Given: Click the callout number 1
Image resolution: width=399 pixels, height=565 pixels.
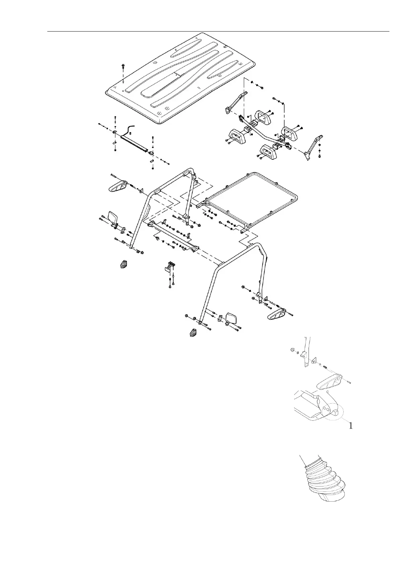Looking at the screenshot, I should coord(350,426).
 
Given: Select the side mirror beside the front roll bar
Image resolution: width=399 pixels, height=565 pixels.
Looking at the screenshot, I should coord(113,217).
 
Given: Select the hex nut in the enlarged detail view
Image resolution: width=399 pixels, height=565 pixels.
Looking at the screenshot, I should coord(292,350).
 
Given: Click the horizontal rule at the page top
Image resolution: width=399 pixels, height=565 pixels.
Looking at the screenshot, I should coord(218,32).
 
